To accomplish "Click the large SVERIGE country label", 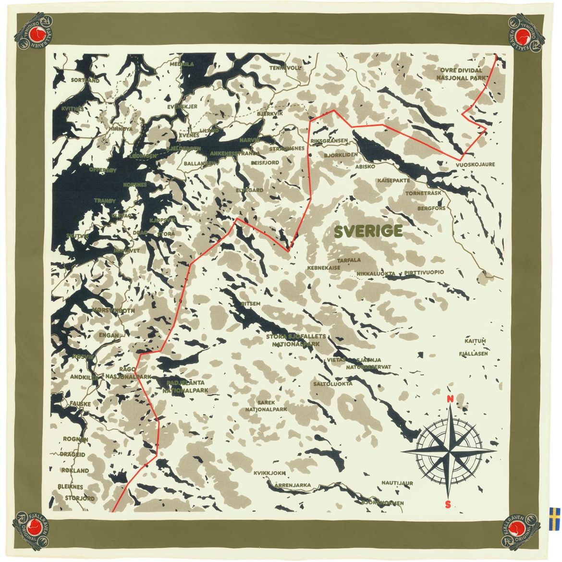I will coord(368,232).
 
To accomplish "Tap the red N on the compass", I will coord(450,399).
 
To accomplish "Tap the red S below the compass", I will coord(448,504).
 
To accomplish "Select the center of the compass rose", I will coord(449,452).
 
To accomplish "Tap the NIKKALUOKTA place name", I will coord(376,274).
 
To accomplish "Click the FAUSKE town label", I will coord(80,404).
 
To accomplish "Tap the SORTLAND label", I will coord(85,81).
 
